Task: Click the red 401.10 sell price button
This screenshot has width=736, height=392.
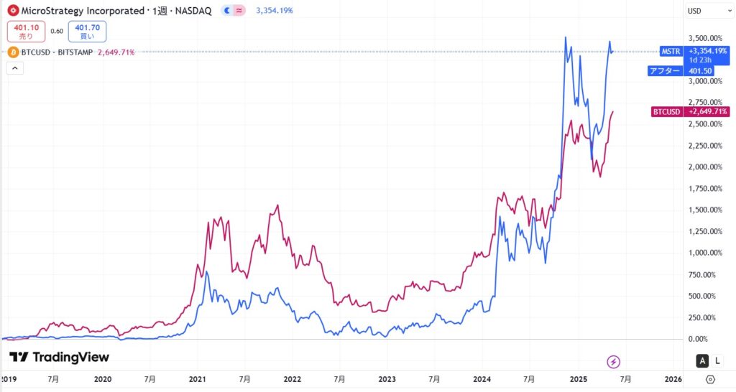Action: [26, 31]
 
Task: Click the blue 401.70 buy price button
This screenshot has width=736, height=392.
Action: [87, 31]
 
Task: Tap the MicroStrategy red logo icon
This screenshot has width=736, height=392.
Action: [12, 11]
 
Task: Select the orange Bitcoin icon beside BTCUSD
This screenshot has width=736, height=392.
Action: [12, 52]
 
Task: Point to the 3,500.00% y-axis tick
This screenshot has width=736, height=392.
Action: [705, 38]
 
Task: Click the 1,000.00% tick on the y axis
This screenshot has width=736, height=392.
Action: [705, 253]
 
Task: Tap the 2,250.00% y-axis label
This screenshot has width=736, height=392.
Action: [705, 146]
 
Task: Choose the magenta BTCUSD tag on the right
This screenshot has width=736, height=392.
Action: [666, 112]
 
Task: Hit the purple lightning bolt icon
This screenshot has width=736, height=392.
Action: [614, 361]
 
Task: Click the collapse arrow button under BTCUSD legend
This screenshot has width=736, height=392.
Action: [15, 68]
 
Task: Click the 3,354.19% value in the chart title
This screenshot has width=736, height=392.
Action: [274, 11]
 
